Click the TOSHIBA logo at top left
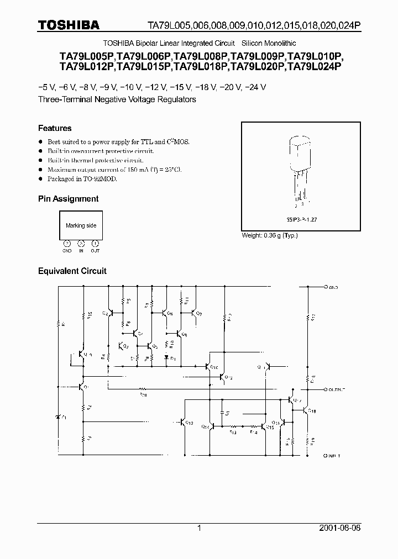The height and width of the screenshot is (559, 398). click(69, 25)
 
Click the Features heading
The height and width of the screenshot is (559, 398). click(55, 128)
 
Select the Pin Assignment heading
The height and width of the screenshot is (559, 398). click(68, 199)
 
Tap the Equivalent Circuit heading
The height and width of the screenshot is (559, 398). click(72, 271)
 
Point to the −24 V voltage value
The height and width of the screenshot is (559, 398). click(255, 87)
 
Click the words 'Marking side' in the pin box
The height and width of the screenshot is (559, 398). click(81, 225)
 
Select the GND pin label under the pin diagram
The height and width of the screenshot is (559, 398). click(67, 251)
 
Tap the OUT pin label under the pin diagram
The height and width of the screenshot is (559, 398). click(95, 251)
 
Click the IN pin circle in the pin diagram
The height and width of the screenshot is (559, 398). click(81, 243)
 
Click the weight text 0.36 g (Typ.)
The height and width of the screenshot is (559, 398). click(270, 236)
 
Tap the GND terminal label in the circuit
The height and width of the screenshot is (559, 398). click(333, 288)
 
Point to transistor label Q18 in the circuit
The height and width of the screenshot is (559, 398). click(312, 410)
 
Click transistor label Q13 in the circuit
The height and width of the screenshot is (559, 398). click(190, 423)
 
